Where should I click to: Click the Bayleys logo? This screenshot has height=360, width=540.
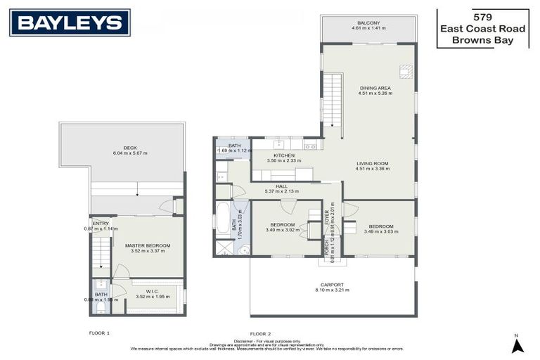pyautogui.click(x=70, y=22)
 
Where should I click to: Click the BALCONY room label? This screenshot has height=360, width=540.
pyautogui.click(x=368, y=22)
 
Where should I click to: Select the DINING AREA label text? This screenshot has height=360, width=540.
pyautogui.click(x=375, y=88)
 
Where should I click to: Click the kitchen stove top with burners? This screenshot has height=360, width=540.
pyautogui.click(x=278, y=144)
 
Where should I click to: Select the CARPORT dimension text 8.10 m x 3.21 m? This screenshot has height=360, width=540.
pyautogui.click(x=333, y=290)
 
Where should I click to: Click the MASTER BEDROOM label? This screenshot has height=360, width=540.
pyautogui.click(x=148, y=245)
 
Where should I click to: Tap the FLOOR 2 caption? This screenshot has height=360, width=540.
pyautogui.click(x=259, y=333)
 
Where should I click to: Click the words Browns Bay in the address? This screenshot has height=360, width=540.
pyautogui.click(x=482, y=41)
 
